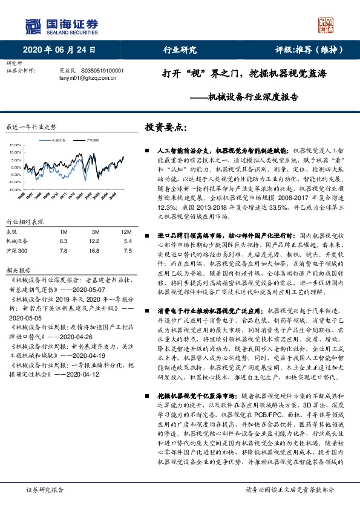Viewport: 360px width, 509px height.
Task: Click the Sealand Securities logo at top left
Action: click(61, 25)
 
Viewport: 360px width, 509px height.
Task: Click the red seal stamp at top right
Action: click(326, 25)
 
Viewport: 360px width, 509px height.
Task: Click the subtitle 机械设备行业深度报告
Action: click(247, 96)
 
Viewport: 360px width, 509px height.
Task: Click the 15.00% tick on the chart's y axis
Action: click(13, 145)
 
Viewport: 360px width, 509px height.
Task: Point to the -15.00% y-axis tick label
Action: click(13, 189)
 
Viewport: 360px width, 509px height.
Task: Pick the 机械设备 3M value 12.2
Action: click(96, 241)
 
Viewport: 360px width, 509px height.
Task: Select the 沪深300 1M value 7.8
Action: click(64, 251)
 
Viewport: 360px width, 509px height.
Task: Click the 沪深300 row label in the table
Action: click(17, 251)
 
